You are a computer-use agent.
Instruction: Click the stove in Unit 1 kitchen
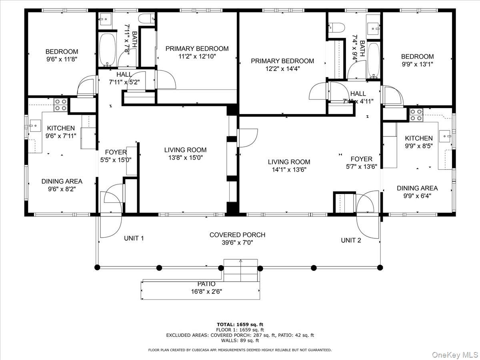pyautogui.click(x=60, y=105)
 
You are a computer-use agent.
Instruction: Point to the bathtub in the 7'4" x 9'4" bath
pyautogui.click(x=374, y=60)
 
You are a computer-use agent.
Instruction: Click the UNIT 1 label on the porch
pyautogui.click(x=134, y=238)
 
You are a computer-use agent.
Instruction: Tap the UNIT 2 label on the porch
pyautogui.click(x=351, y=240)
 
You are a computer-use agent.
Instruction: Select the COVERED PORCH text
pyautogui.click(x=237, y=235)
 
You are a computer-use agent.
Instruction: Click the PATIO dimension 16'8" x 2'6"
pyautogui.click(x=206, y=292)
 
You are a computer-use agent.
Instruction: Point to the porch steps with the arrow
pyautogui.click(x=240, y=270)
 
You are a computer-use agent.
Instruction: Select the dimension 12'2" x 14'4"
pyautogui.click(x=282, y=68)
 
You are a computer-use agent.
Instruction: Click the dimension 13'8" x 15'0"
pyautogui.click(x=185, y=158)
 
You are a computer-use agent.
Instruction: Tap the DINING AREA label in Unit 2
pyautogui.click(x=417, y=188)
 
